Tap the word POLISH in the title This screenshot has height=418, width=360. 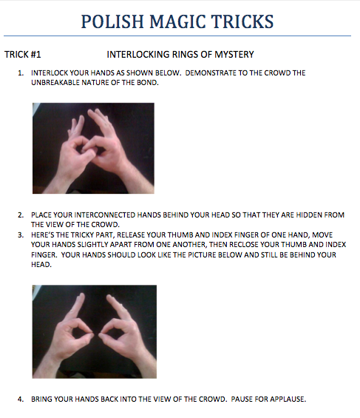click(x=112, y=21)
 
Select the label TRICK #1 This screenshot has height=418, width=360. click(x=23, y=55)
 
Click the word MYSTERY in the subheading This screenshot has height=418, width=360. click(x=234, y=55)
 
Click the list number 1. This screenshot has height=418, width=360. click(x=21, y=73)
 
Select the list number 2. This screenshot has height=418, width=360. click(x=21, y=215)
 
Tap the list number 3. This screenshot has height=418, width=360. click(x=21, y=235)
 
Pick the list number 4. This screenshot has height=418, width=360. click(x=21, y=399)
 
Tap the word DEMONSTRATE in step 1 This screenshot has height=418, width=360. click(x=210, y=73)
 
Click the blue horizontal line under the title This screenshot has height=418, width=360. click(x=177, y=36)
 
